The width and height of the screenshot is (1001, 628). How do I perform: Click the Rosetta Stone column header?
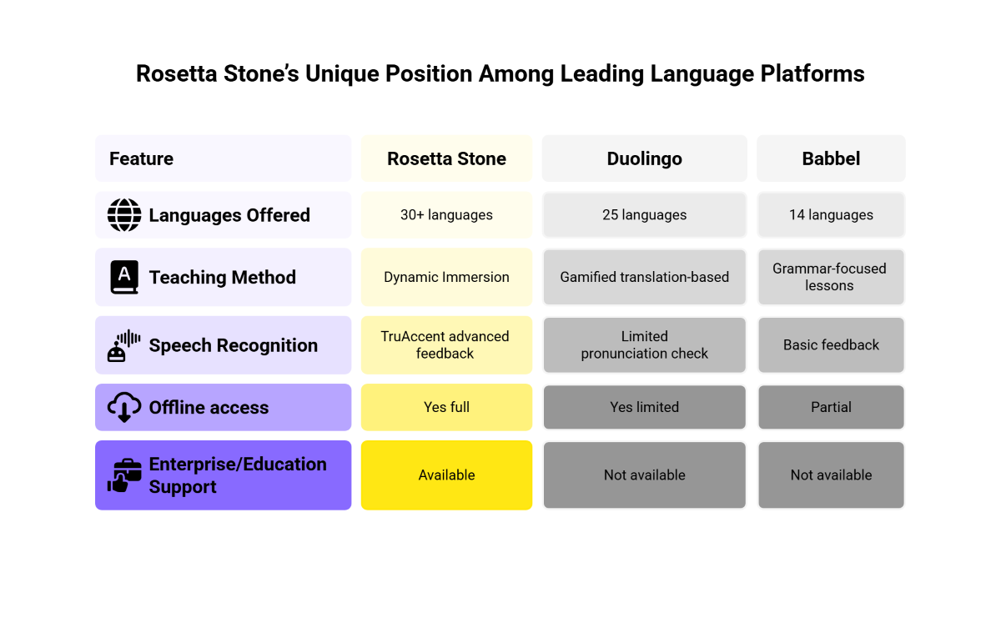click(446, 158)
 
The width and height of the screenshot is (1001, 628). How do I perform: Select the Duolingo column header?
click(644, 158)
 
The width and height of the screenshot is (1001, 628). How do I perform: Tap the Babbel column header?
click(831, 158)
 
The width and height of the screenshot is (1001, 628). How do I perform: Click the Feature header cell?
click(223, 158)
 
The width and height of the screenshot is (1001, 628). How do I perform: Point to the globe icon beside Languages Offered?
click(124, 215)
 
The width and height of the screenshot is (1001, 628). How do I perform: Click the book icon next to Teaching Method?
click(124, 277)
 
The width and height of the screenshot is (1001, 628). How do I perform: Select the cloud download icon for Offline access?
click(124, 407)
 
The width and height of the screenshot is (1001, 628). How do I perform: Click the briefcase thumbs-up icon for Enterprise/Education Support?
click(124, 475)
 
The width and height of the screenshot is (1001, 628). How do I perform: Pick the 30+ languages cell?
click(446, 214)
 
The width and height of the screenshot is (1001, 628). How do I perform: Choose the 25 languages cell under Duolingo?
click(644, 214)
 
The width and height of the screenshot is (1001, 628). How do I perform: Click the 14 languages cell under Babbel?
click(831, 214)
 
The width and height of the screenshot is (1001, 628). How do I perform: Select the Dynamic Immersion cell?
click(446, 277)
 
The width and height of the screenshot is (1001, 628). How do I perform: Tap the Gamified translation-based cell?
click(644, 277)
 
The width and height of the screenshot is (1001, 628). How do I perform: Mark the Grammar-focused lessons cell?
click(831, 277)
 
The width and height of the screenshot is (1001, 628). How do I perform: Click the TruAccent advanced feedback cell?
click(446, 344)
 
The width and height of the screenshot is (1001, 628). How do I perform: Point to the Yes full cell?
click(446, 407)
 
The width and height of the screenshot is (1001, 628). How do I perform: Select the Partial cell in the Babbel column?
click(831, 407)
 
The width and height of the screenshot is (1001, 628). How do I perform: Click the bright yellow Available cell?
click(446, 475)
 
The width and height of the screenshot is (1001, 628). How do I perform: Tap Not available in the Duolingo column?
click(644, 475)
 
